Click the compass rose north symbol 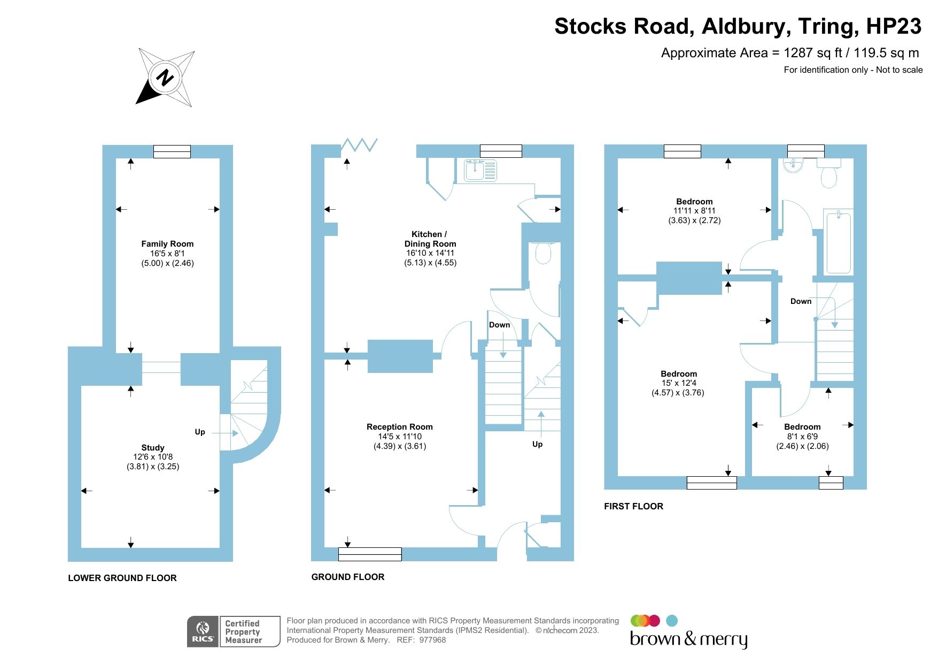(165, 78)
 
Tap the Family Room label (167, 244)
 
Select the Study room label (153, 448)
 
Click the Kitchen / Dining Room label (430, 239)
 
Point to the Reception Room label (399, 427)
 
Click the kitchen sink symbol (480, 170)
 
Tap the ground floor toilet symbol (543, 254)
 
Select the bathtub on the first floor (838, 241)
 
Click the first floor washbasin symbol (793, 164)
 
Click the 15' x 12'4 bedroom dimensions (679, 383)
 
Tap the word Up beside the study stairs (200, 432)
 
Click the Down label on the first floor (801, 301)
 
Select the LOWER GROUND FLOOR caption (122, 578)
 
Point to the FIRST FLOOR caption (633, 506)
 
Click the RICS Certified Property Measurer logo (234, 631)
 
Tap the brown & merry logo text (688, 639)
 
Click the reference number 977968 (432, 640)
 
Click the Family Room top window (172, 151)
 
